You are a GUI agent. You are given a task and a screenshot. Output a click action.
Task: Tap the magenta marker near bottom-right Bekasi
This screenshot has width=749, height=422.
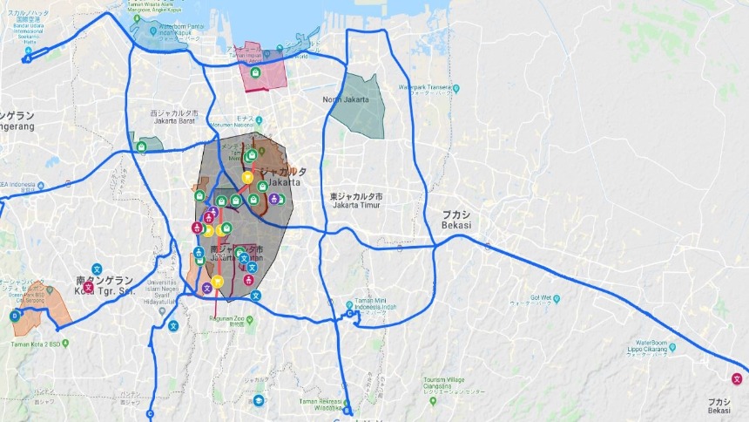pyautogui.click(x=737, y=378)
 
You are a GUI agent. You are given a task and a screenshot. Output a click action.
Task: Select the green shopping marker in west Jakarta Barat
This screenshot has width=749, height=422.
pyautogui.click(x=141, y=147)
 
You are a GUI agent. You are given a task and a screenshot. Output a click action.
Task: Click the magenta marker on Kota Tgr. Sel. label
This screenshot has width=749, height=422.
pyautogui.click(x=88, y=286)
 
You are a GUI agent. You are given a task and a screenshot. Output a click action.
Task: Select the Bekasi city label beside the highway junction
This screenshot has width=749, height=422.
pyautogui.click(x=455, y=219)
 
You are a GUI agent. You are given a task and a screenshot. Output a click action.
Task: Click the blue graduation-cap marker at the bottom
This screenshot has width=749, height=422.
pyautogui.click(x=259, y=400)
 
